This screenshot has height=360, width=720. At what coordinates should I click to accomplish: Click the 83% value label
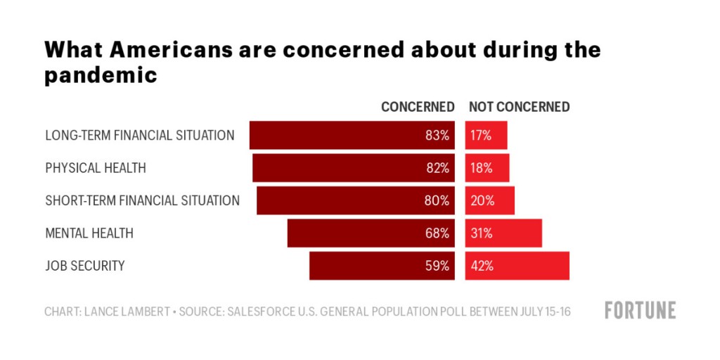437,136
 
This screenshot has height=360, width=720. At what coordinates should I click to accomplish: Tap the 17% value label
482,136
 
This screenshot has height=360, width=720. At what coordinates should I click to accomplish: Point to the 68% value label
437,233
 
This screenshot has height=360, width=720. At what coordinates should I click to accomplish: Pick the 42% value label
482,266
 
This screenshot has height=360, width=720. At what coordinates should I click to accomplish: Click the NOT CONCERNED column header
519,108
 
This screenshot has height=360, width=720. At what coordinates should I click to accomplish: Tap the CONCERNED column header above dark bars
418,108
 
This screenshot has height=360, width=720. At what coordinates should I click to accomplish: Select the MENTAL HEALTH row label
89,233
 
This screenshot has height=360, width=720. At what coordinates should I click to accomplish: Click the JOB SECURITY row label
85,266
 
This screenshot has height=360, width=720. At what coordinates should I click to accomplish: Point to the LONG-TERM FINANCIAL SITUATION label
140,135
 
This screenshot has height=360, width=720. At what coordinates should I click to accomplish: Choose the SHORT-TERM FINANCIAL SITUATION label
143,200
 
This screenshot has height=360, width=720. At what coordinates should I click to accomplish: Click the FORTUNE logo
640,310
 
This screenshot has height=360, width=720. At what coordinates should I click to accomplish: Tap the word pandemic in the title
101,75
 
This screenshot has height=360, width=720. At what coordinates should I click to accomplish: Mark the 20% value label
482,200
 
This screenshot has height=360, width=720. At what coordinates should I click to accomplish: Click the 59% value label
437,266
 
